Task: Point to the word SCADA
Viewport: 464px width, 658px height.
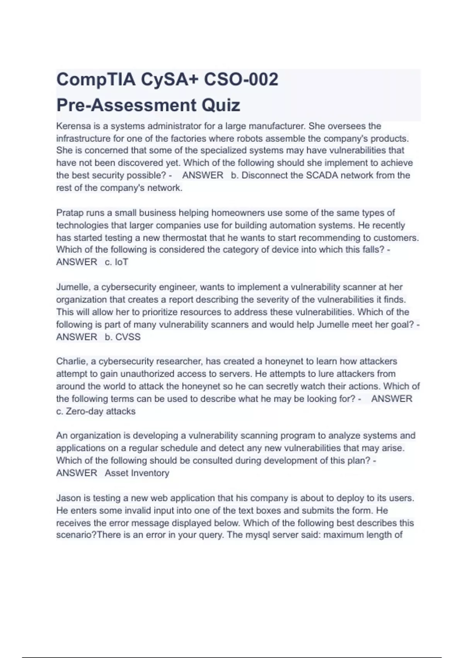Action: tap(322, 175)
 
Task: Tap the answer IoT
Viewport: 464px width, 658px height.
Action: tap(121, 262)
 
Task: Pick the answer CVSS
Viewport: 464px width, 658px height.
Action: tap(128, 337)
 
